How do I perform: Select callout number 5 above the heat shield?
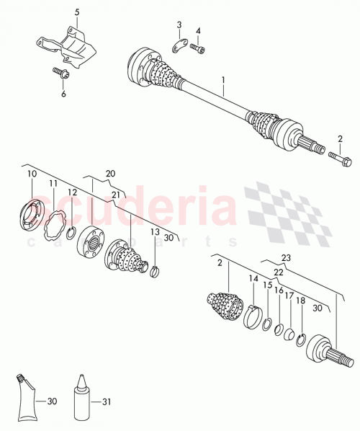(x=77, y=12)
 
